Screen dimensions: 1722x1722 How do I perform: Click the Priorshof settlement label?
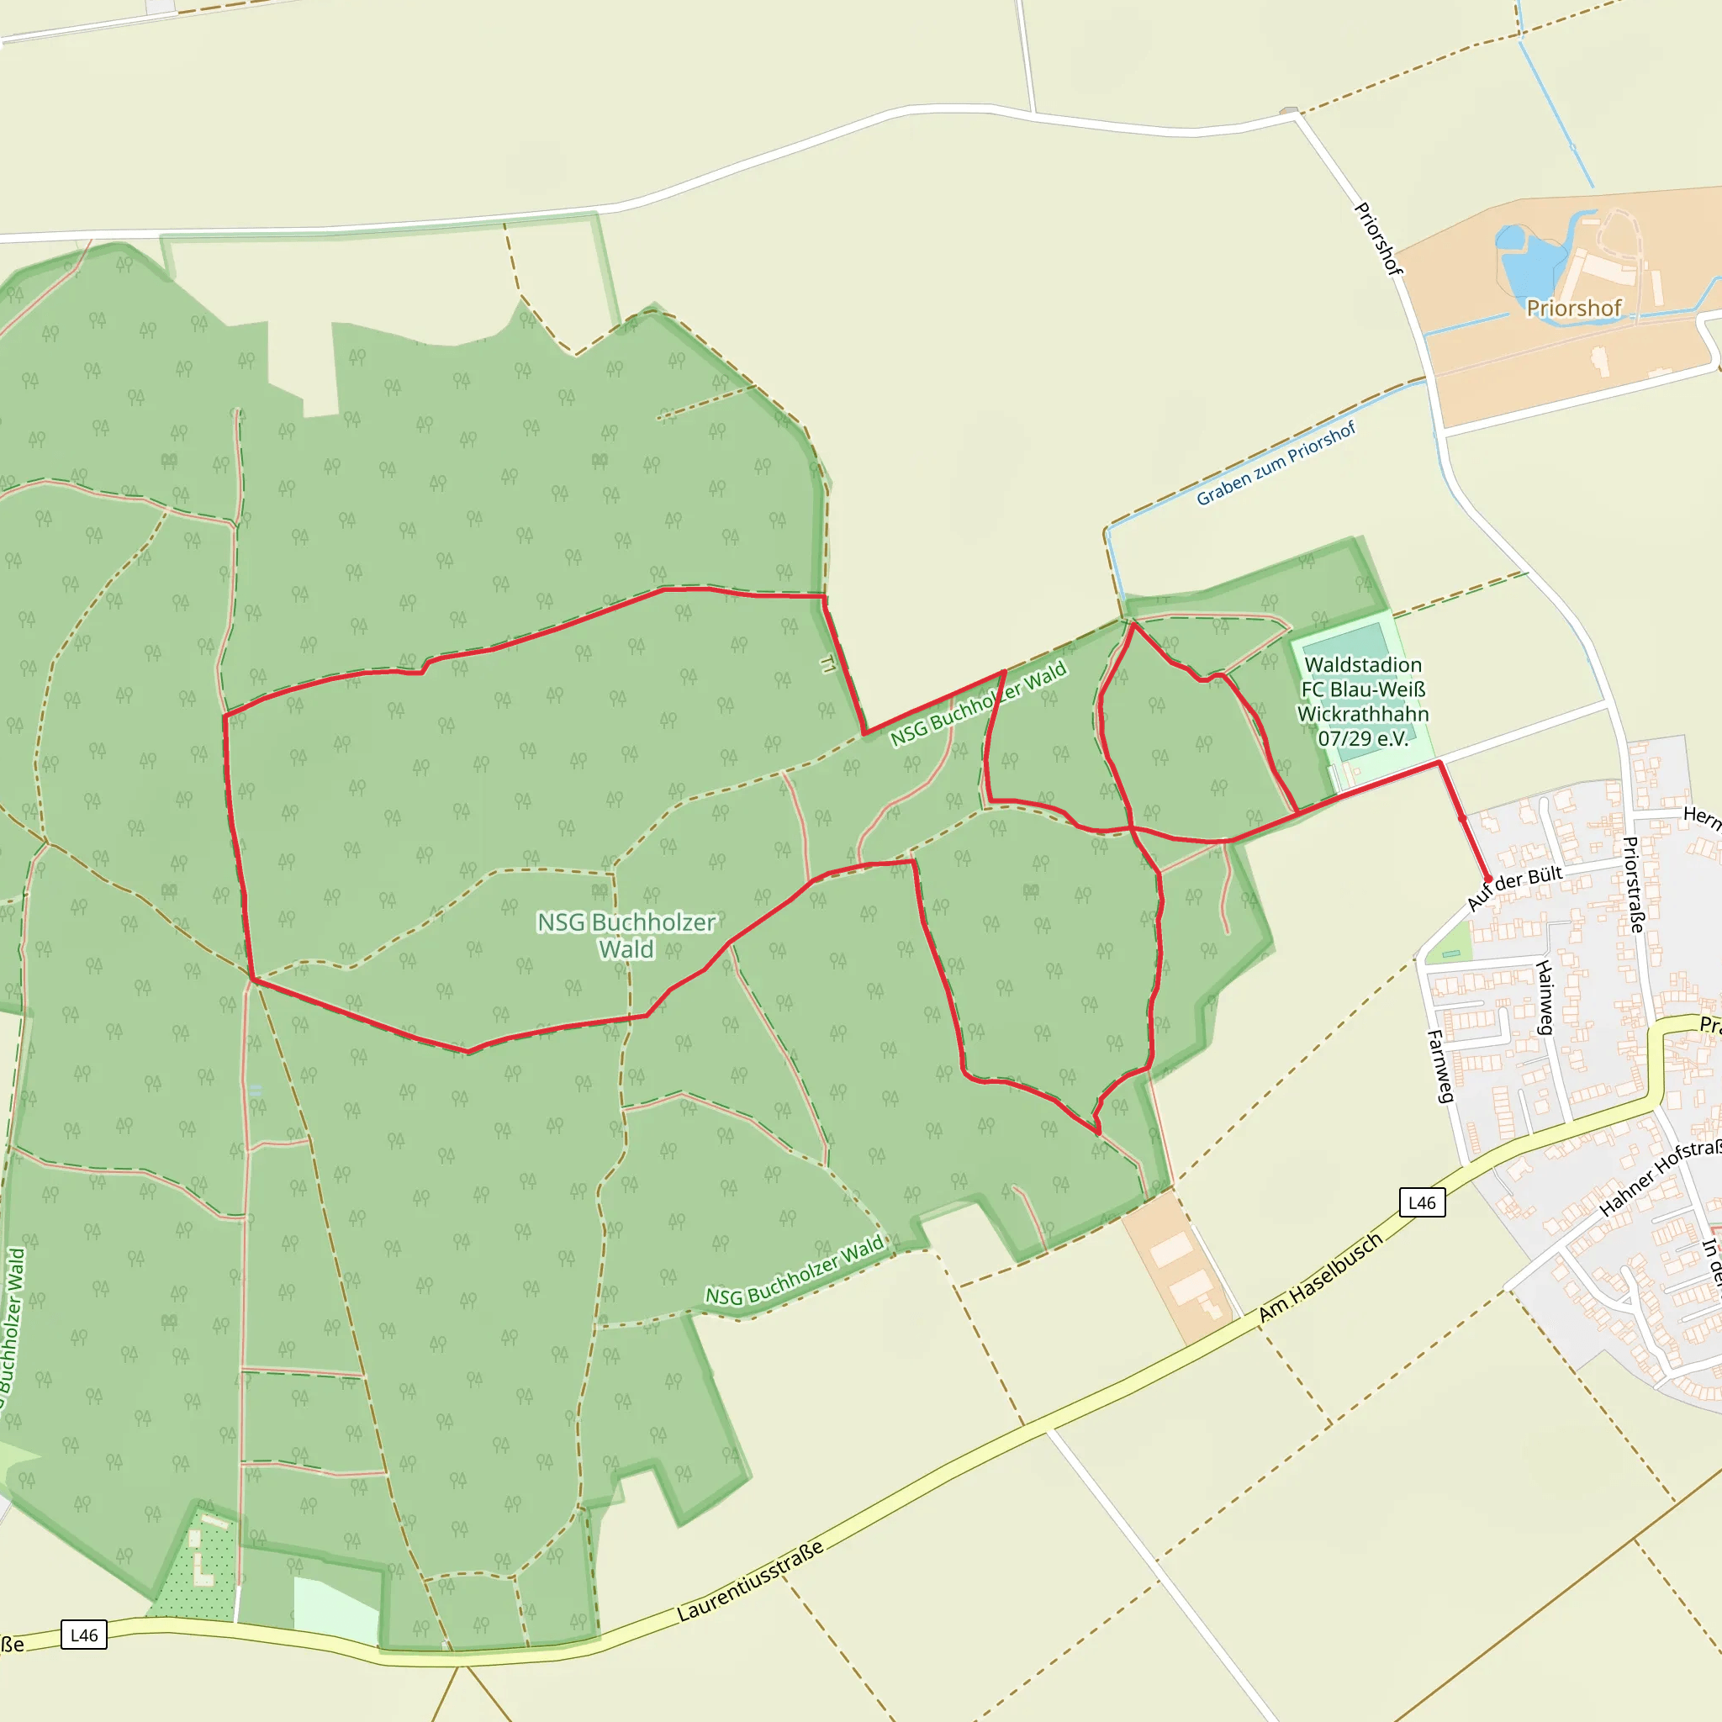coord(1574,309)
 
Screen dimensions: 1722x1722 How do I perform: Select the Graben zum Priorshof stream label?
coord(1276,463)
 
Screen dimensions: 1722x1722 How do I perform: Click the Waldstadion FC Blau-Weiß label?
coord(1363,701)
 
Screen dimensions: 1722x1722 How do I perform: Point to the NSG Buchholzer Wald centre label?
coord(626,935)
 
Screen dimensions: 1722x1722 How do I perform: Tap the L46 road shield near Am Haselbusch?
coord(1422,1202)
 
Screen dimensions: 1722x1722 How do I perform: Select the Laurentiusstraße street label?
coord(751,1582)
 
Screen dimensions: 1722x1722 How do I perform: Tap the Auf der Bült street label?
coord(1514,888)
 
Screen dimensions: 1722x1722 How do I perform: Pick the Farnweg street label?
coord(1440,1066)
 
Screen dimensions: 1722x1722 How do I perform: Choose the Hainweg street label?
coord(1545,997)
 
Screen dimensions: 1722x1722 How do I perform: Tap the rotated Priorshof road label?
coord(1378,239)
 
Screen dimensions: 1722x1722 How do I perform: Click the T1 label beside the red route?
coord(828,664)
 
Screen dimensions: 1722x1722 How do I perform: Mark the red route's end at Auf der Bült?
coord(1487,879)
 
